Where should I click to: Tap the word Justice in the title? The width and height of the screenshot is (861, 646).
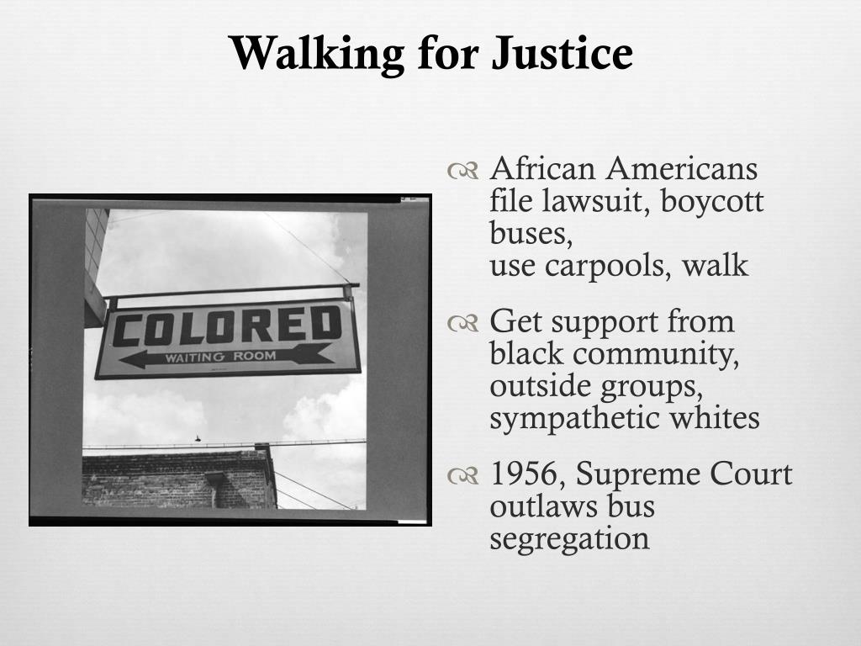(562, 53)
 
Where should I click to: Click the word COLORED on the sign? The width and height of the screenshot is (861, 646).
(227, 327)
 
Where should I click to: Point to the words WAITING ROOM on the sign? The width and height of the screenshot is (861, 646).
(221, 357)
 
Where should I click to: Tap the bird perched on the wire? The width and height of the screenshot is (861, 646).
(198, 438)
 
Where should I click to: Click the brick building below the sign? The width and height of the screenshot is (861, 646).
(179, 478)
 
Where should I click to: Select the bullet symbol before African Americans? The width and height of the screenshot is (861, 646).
(463, 171)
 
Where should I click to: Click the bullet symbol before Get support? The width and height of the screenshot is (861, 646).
(463, 324)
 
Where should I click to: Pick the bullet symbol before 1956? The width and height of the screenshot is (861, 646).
(463, 476)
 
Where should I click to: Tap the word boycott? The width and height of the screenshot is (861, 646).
(711, 201)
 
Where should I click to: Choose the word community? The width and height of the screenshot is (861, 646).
(656, 355)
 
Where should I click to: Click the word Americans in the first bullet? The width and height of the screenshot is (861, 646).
(681, 168)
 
